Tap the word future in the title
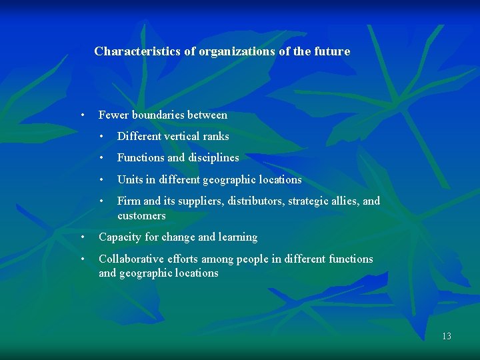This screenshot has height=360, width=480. [x=331, y=51]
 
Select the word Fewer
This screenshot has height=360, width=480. [x=113, y=115]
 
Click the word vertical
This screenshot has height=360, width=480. [x=181, y=136]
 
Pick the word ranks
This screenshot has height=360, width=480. [x=216, y=136]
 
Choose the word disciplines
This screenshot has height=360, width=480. [x=213, y=158]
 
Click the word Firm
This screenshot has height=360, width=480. [x=129, y=201]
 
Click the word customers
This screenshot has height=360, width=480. [x=141, y=215]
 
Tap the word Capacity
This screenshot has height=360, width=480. [x=120, y=237]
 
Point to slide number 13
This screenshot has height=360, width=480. [x=447, y=336]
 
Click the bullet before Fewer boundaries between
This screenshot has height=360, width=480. [x=81, y=115]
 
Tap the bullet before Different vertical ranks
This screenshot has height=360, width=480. [x=100, y=136]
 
